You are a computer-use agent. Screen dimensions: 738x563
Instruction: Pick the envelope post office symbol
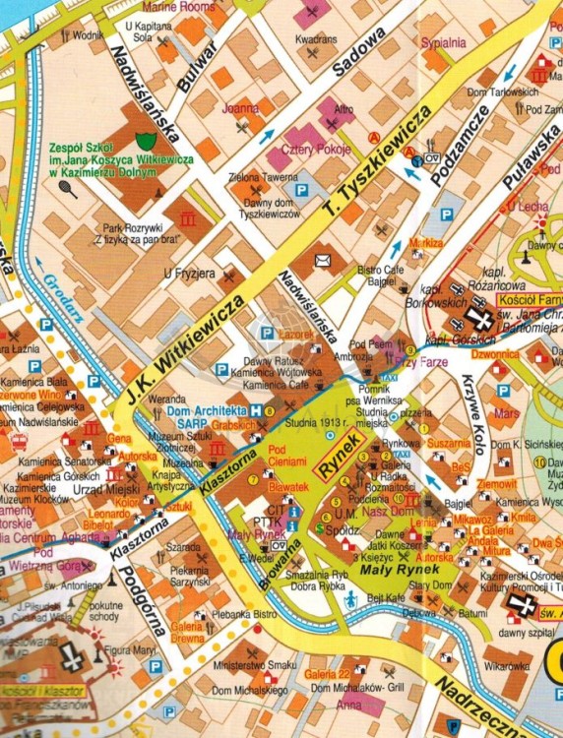tap(323, 261)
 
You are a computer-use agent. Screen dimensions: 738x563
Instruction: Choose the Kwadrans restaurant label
tap(316, 38)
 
